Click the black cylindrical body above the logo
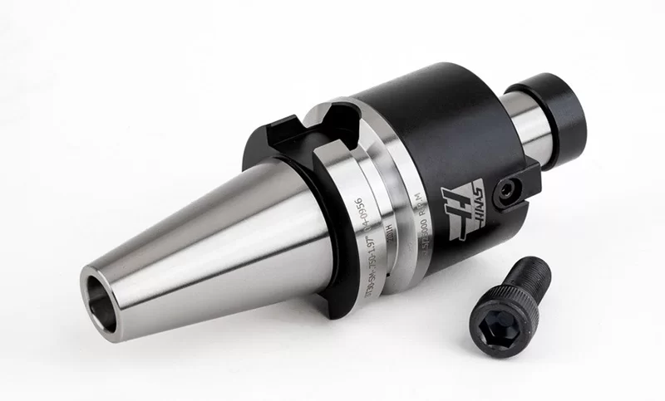click(432, 125)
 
